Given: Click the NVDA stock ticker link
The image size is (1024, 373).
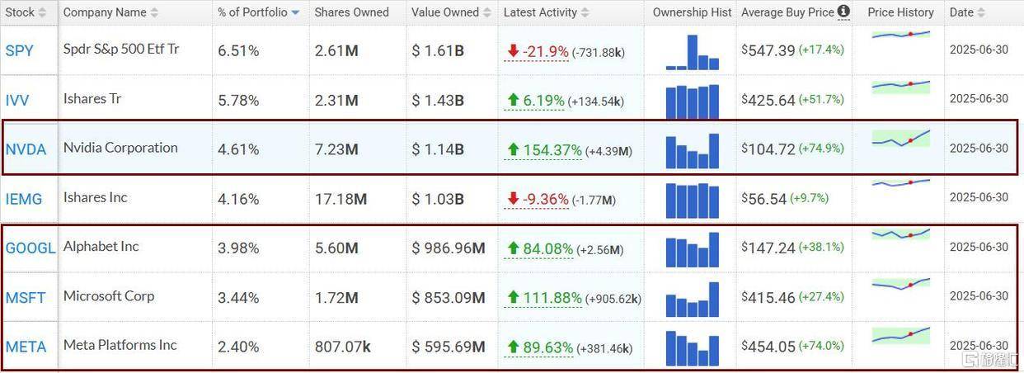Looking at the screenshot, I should coord(26,149).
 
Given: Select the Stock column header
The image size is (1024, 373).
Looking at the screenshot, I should coord(20,12).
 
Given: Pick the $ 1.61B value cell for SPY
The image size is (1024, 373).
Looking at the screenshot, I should coord(438,50).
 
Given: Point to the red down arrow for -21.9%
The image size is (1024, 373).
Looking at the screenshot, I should coord(513,51).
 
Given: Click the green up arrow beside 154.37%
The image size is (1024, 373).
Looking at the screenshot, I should coord(513,150).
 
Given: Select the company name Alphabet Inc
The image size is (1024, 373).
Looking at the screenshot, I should coord(101,247).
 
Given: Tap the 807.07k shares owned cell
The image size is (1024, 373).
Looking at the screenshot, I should coord(341,347).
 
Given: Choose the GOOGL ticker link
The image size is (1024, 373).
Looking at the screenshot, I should coord(31,248).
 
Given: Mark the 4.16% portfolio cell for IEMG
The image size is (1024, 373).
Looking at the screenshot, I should coord(238,199).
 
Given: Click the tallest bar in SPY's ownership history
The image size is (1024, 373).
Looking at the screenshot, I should coord(693,52).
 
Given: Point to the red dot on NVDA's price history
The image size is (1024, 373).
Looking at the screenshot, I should coord(910,141).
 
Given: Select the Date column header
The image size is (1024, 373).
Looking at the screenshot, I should coord(961,12).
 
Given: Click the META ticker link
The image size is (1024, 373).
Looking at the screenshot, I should coord(26,347).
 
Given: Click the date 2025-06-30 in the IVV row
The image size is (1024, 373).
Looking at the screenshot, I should coord(979,99).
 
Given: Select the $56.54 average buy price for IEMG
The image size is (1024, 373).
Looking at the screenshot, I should coord(765,199).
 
